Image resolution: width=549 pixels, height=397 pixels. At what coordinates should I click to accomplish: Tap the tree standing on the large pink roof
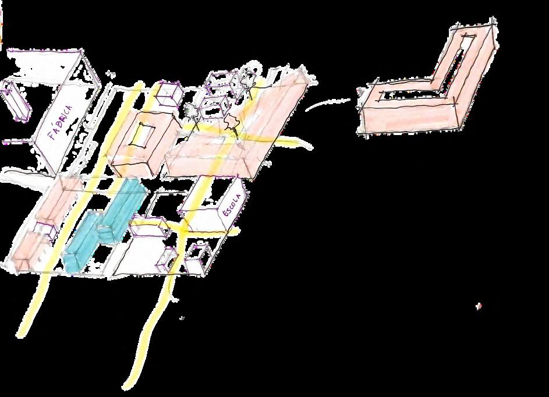[x=231, y=123]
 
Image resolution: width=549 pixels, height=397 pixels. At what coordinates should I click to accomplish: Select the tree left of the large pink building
[x=190, y=111]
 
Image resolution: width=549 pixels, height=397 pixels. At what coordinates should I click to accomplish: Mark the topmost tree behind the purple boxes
[x=249, y=79]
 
